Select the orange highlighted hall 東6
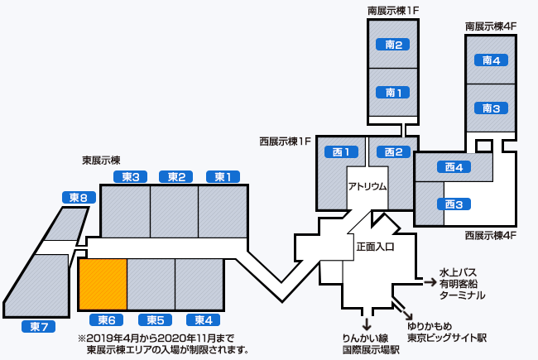pyautogui.click(x=103, y=284)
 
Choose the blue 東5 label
pyautogui.click(x=156, y=319)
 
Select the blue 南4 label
pyautogui.click(x=492, y=60)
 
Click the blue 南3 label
pyautogui.click(x=492, y=108)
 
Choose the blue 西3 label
pyautogui.click(x=453, y=204)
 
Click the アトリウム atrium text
pyautogui.click(x=367, y=186)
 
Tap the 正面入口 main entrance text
pyautogui.click(x=375, y=246)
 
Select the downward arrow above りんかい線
pyautogui.click(x=366, y=322)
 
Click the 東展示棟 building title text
pyautogui.click(x=101, y=160)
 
